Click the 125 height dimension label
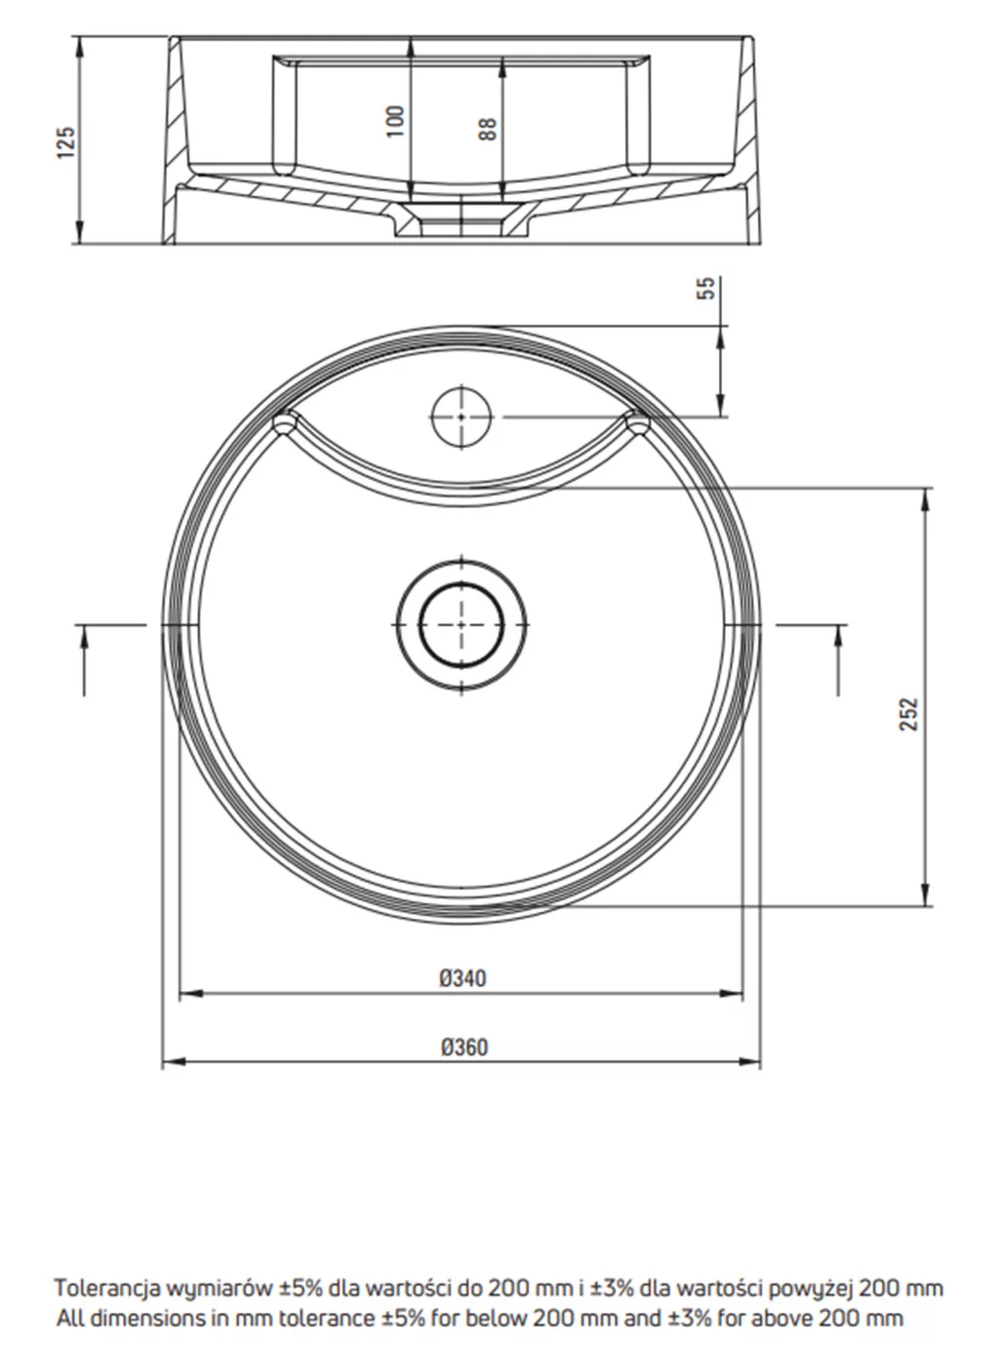66,142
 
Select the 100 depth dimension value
395,122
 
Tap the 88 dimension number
488,129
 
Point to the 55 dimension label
706,288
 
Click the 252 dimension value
909,714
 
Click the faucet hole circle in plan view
461,418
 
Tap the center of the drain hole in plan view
461,624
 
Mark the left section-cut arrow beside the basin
84,659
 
